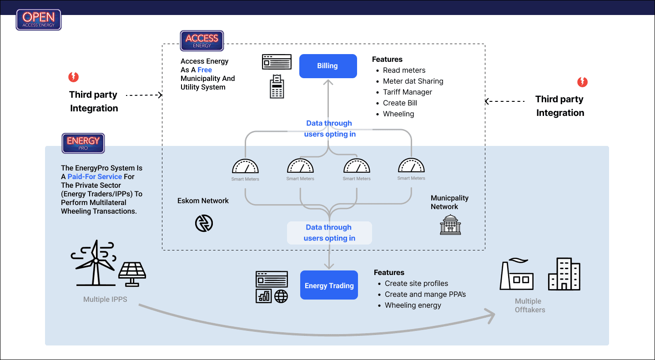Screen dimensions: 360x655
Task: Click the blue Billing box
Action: coord(327,66)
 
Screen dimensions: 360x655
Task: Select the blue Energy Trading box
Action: coord(329,285)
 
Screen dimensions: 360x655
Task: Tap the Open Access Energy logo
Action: coord(39,20)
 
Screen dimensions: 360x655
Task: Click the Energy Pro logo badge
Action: coord(83,143)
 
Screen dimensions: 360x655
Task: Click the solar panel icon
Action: coord(132,273)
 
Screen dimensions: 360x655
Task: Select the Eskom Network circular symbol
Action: coord(204,223)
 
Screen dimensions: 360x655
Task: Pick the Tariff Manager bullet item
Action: coord(408,92)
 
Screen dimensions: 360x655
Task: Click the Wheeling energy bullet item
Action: coord(413,305)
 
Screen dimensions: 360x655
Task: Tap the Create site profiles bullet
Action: coord(416,283)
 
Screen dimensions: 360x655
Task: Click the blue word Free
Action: coord(205,70)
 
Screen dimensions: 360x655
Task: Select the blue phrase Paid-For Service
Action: coord(95,176)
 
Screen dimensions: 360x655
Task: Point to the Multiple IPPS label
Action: coord(105,299)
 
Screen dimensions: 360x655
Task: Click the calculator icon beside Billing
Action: coord(277,86)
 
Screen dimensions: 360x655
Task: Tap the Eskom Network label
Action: coord(203,200)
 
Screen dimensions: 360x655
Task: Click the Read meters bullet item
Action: coord(404,70)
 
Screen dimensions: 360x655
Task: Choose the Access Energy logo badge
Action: coord(202,40)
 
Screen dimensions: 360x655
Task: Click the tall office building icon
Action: coord(564,274)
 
